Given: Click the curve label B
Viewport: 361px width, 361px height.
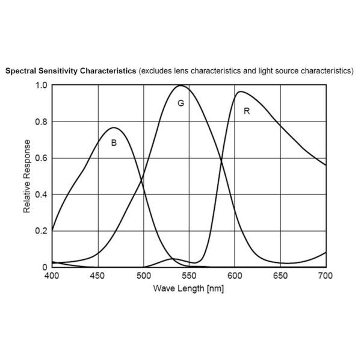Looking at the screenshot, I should pyautogui.click(x=114, y=143).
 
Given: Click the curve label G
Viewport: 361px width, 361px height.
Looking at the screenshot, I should pyautogui.click(x=180, y=103).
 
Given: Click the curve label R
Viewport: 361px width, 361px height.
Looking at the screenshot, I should pyautogui.click(x=246, y=111).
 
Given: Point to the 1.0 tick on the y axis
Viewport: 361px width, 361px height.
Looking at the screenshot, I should pyautogui.click(x=41, y=85).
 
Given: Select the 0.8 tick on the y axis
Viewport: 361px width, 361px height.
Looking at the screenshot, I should pyautogui.click(x=41, y=122).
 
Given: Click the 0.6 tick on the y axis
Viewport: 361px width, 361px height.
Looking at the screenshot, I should pyautogui.click(x=41, y=158).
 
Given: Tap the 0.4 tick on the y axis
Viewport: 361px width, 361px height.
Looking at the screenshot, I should pyautogui.click(x=41, y=194).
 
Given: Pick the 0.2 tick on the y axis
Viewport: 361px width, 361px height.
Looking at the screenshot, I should pyautogui.click(x=41, y=231).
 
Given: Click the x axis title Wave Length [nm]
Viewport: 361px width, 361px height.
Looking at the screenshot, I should pyautogui.click(x=189, y=289).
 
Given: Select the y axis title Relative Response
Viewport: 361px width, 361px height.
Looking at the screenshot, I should pyautogui.click(x=27, y=176).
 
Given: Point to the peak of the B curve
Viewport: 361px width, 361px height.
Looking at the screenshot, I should pyautogui.click(x=114, y=128).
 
